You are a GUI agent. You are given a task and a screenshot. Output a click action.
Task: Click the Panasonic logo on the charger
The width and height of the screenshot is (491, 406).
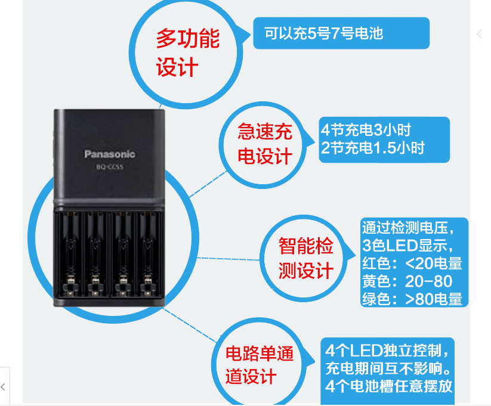pos(109,154)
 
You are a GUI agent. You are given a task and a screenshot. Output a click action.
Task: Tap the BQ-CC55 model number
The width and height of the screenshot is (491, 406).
pos(109,167)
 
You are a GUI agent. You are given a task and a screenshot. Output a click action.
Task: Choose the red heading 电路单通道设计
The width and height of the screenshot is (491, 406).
pos(259,365)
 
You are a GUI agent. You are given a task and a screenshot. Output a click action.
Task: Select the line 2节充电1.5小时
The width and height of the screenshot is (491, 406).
pos(372,148)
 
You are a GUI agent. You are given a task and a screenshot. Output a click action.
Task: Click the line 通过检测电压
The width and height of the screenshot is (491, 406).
pos(408,228)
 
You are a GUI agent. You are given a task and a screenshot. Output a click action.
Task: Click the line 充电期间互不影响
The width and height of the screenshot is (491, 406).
pos(388,366)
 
